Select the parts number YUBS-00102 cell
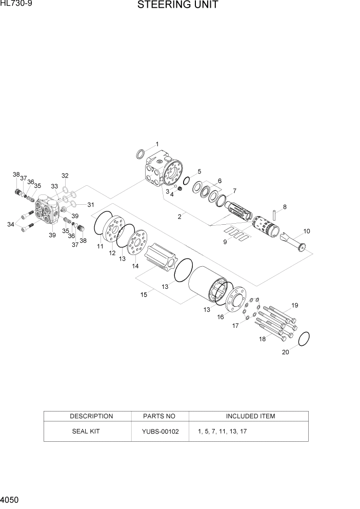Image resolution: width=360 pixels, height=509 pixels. [x=161, y=432]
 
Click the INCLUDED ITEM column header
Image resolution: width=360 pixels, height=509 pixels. [x=250, y=416]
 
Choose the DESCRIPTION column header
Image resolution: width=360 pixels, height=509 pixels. [x=91, y=416]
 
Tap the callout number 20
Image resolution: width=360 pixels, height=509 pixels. [x=286, y=352]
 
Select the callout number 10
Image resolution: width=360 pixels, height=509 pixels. [x=307, y=231]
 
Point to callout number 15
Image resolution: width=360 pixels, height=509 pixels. [x=144, y=294]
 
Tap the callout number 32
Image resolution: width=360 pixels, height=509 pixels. [x=65, y=175]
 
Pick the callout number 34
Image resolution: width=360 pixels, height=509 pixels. [x=11, y=224]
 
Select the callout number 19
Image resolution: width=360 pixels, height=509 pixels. [x=294, y=306]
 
